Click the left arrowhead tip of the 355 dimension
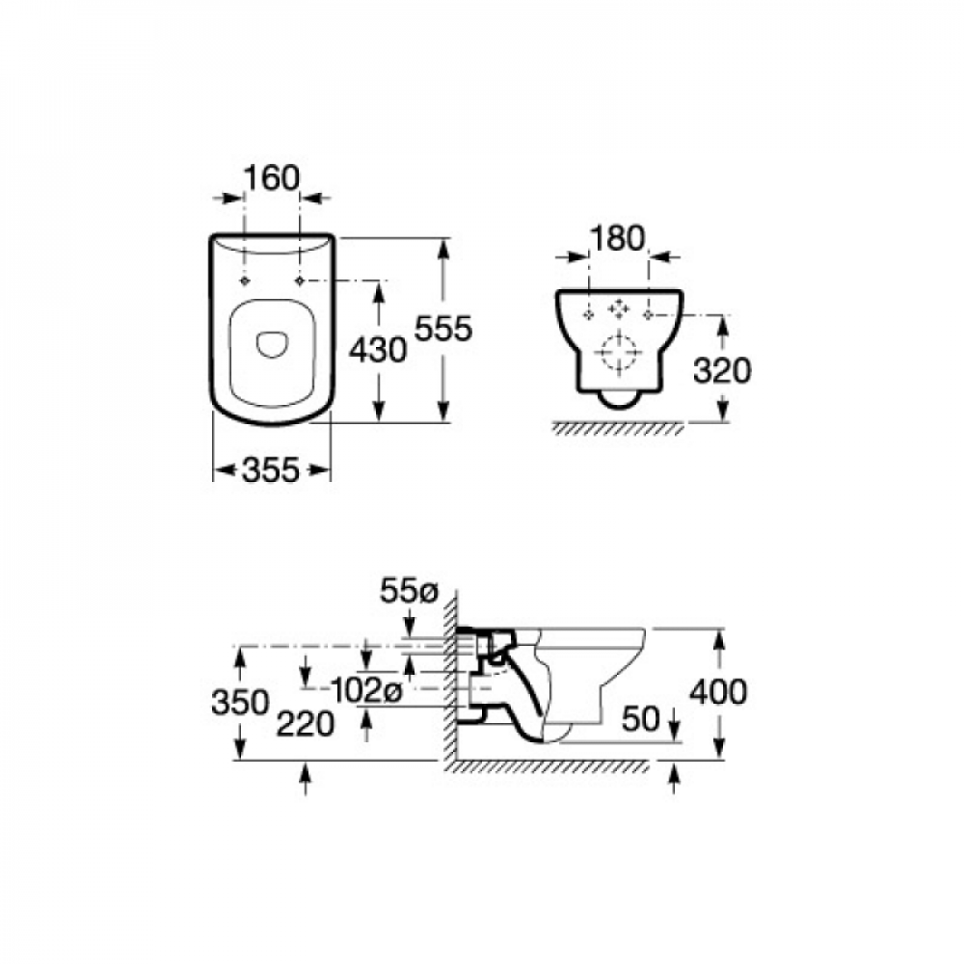click(x=215, y=471)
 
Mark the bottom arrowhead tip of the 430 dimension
click(x=379, y=422)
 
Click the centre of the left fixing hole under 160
click(x=245, y=281)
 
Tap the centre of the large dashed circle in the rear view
click(x=618, y=352)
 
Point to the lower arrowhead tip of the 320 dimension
click(x=723, y=421)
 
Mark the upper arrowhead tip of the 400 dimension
click(x=719, y=629)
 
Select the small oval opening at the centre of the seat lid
click(x=271, y=345)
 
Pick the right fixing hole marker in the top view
click(x=300, y=281)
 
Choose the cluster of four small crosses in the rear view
click(x=619, y=308)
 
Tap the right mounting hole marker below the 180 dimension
click(x=648, y=315)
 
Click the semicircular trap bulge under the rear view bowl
click(x=619, y=400)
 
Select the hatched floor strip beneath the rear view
click(x=619, y=429)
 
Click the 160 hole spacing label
click(x=272, y=178)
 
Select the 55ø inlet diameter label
click(x=408, y=591)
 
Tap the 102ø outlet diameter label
click(x=366, y=691)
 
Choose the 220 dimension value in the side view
click(x=305, y=724)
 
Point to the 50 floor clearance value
click(x=640, y=718)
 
